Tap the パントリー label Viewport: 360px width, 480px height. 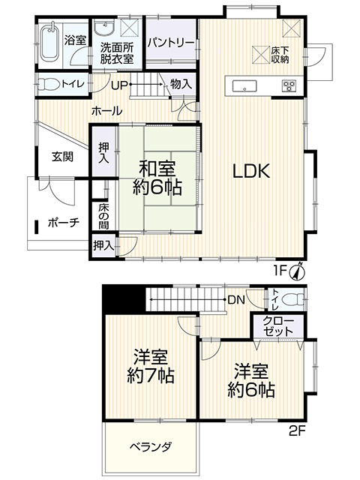point(171,43)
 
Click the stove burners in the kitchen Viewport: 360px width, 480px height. point(289,85)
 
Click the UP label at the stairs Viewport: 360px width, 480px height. point(119,85)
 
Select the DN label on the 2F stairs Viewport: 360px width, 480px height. point(236,300)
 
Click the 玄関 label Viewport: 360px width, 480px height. point(62,157)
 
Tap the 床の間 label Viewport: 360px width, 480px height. point(104,215)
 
